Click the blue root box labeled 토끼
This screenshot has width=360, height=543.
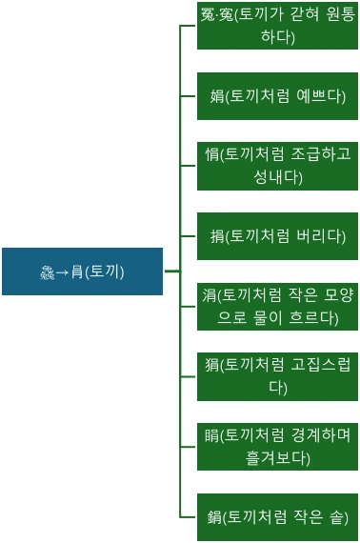[83, 271]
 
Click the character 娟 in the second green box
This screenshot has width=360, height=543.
[216, 96]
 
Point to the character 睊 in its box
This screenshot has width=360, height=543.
[211, 434]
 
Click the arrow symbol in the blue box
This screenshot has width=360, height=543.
[62, 271]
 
